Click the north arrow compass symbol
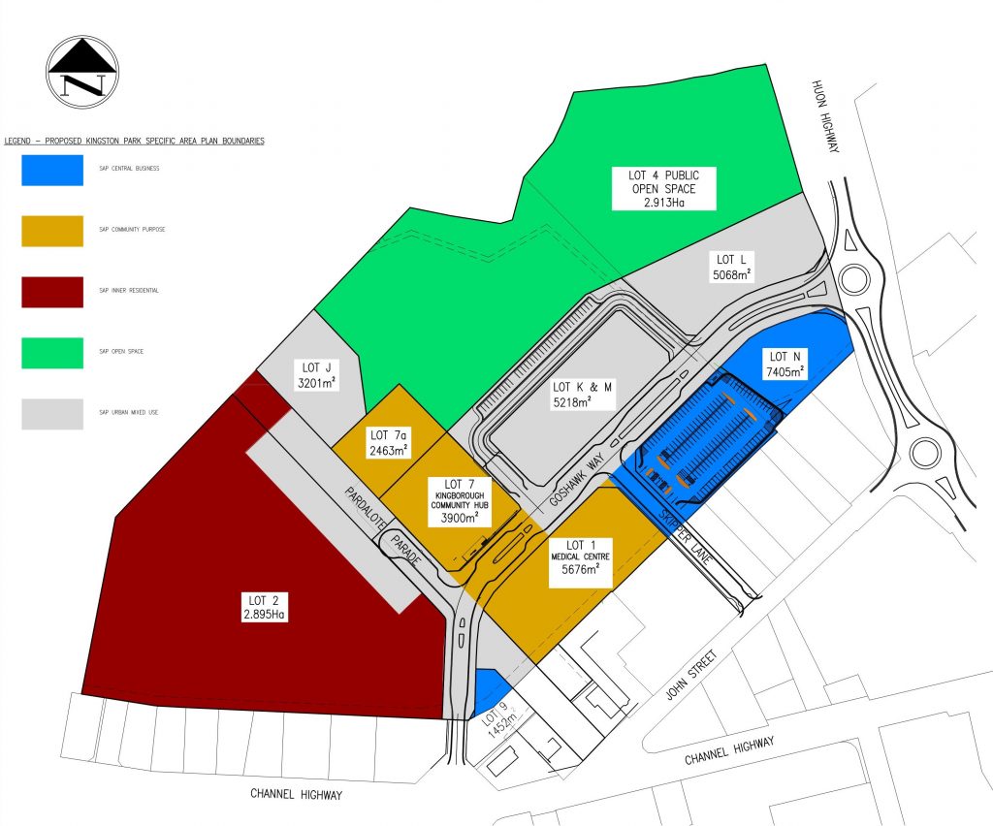coord(82,68)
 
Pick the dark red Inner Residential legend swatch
coord(52,291)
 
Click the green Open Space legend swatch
coord(52,352)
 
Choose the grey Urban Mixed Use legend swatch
coord(52,413)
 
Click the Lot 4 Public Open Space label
coord(662,188)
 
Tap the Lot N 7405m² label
coord(785,364)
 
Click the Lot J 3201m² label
coord(316,373)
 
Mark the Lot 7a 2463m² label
coord(388,442)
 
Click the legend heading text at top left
coord(135,141)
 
